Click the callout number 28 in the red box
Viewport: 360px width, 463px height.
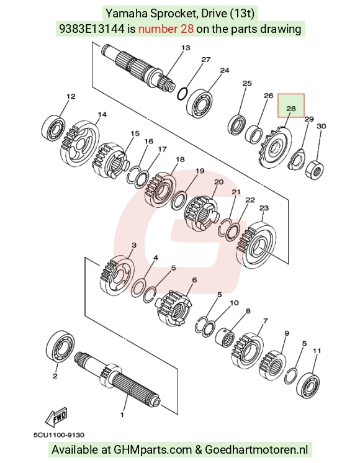coord(291,109)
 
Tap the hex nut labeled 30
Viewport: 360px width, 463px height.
coord(314,169)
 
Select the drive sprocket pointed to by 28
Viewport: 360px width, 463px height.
coord(275,148)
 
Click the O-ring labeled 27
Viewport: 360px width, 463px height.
coord(182,93)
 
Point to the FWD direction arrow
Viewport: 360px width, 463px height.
coord(56,417)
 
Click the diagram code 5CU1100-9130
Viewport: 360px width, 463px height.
coord(59,435)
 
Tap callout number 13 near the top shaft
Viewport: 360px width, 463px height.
coord(186,48)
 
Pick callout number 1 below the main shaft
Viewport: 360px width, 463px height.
coord(122,415)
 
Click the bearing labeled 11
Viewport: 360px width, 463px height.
coord(308,384)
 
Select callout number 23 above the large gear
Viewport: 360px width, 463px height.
coord(264,208)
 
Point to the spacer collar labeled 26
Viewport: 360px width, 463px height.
coord(254,134)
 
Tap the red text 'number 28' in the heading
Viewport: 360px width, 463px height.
coord(166,29)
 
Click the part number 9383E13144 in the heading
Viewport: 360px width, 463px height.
coord(92,29)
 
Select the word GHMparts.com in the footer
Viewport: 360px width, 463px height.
coord(153,450)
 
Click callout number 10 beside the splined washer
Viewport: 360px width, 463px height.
coord(234,303)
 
